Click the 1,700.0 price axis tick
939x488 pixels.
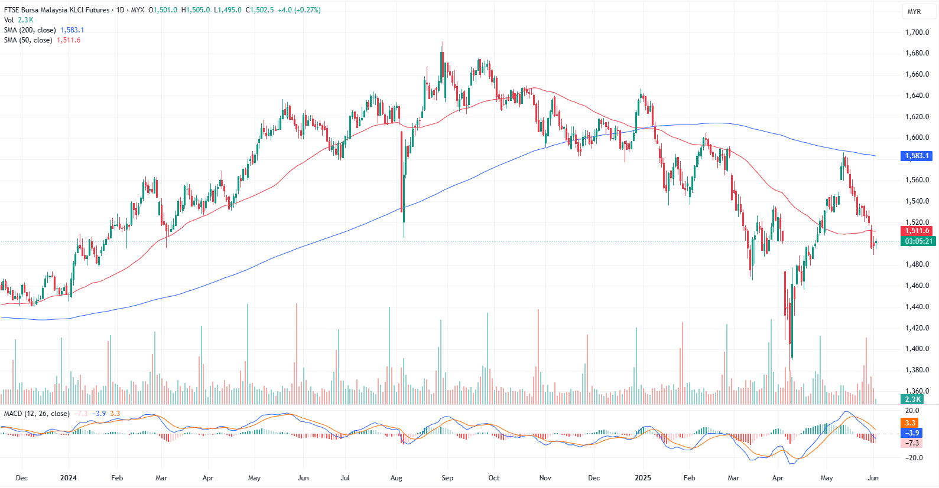pos(917,32)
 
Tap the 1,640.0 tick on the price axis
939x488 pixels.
pos(917,96)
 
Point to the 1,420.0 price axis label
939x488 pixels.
pos(917,328)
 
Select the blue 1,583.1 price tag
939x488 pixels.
pos(917,156)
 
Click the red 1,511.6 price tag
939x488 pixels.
pos(917,231)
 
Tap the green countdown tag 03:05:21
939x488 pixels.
pos(918,241)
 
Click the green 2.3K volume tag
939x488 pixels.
pos(913,399)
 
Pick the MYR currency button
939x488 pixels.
pos(914,12)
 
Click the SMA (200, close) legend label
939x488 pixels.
pos(30,30)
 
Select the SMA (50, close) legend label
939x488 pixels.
pos(28,40)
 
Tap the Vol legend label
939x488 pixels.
pos(9,20)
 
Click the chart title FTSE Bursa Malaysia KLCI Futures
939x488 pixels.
pos(57,10)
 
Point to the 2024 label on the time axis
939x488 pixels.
pos(69,478)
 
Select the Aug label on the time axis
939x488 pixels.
pos(397,478)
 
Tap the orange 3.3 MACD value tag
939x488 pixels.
pos(910,423)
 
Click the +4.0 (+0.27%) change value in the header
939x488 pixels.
pos(299,10)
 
